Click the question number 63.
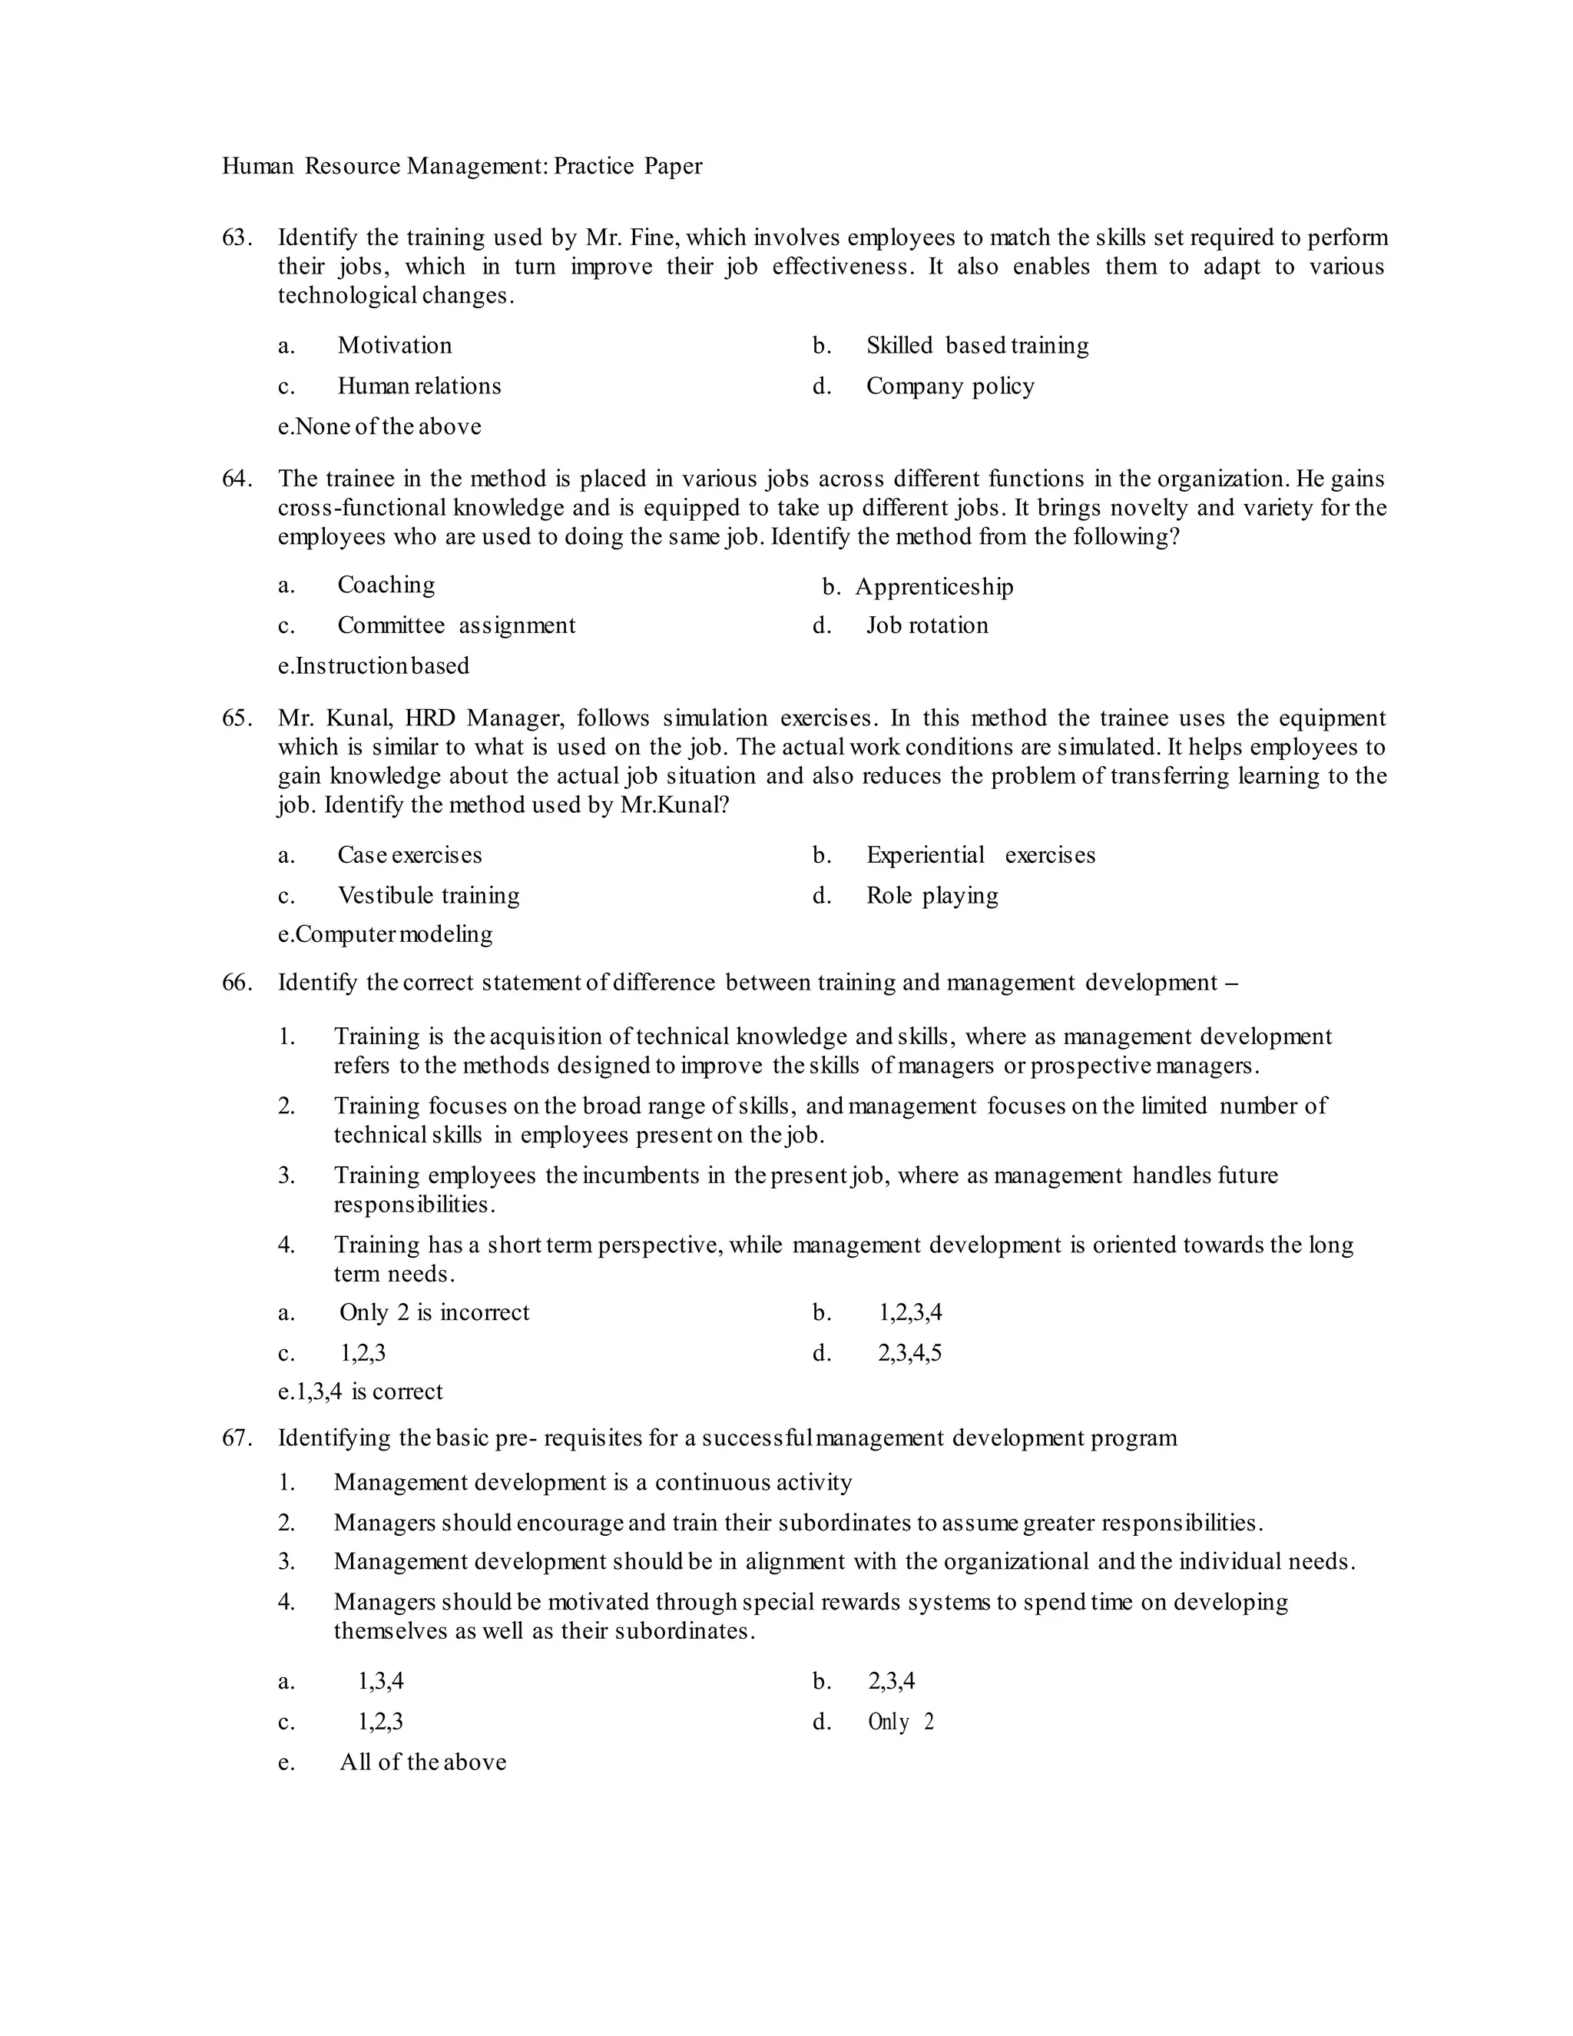(x=236, y=237)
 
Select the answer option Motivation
(x=394, y=346)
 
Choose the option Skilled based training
(x=977, y=346)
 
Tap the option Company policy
(x=949, y=386)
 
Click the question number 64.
(x=236, y=479)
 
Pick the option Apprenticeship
(x=934, y=586)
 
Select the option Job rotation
(x=926, y=625)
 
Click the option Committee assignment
(x=455, y=625)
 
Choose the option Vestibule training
(x=428, y=896)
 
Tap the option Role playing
(x=932, y=896)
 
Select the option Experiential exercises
(x=980, y=855)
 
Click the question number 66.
(x=236, y=983)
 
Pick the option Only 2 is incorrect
(x=433, y=1312)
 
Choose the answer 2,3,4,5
(x=909, y=1353)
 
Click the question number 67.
(x=236, y=1437)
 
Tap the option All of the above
(x=422, y=1762)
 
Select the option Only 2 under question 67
(x=900, y=1722)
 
